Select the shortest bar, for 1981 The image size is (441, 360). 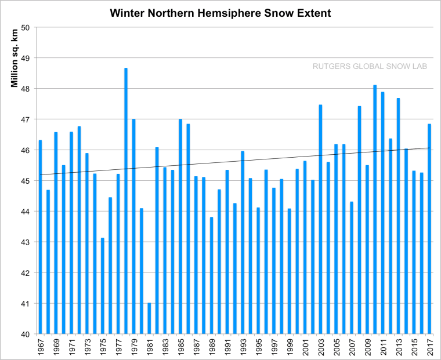coord(149,318)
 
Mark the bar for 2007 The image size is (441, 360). coord(352,267)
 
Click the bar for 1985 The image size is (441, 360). coord(180,226)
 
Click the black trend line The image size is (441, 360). coord(232,162)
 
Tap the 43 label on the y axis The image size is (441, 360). coord(26,242)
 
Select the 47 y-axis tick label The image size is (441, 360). coord(26,119)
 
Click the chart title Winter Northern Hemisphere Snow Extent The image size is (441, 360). coord(220,12)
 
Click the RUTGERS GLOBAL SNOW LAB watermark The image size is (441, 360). coord(370,66)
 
